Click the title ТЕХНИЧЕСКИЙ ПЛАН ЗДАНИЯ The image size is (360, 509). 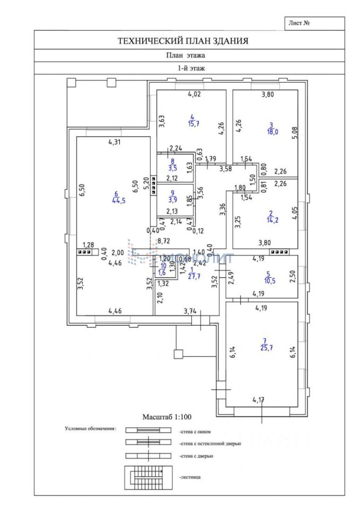click(183, 40)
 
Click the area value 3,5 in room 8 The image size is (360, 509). click(172, 168)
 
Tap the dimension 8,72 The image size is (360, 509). click(164, 241)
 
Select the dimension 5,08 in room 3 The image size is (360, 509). click(295, 129)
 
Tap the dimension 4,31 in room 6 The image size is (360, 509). click(115, 142)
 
